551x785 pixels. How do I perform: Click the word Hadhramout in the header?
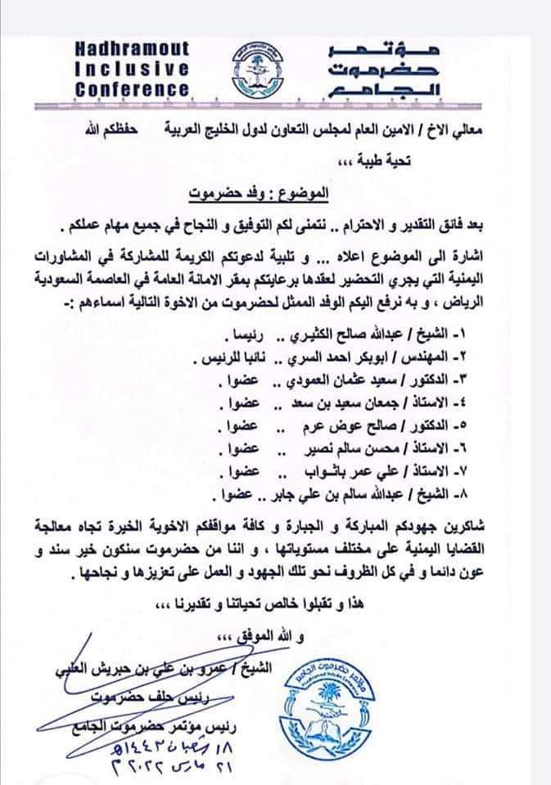click(x=132, y=51)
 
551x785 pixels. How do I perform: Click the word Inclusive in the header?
click(x=132, y=70)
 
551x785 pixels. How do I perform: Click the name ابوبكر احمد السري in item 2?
click(x=336, y=359)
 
